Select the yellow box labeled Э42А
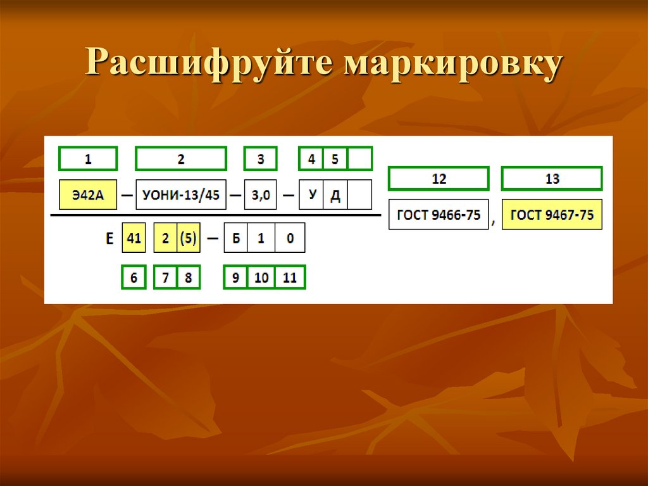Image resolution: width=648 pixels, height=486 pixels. click(88, 195)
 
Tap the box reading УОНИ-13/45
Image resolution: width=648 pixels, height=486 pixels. click(181, 195)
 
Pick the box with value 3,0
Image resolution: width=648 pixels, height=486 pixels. click(261, 195)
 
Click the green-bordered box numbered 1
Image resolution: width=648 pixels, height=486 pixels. click(88, 159)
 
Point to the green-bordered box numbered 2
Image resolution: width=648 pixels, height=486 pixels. click(181, 159)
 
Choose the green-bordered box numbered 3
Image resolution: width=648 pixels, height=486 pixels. click(261, 159)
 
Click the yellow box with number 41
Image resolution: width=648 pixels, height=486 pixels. click(134, 238)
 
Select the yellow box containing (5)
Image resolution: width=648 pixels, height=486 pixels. click(189, 238)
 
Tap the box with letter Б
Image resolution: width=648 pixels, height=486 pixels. click(235, 238)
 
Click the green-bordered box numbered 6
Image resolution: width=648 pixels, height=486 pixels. click(134, 278)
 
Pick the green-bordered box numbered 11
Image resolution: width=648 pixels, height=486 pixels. click(290, 278)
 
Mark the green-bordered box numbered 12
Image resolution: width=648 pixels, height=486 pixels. click(439, 179)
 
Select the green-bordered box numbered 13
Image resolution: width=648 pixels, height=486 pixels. click(552, 179)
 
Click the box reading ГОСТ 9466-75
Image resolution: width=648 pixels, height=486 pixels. click(439, 215)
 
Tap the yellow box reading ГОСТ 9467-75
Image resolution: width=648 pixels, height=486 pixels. click(552, 215)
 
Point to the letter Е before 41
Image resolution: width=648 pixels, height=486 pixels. click(109, 239)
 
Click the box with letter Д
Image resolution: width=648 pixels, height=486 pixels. click(335, 195)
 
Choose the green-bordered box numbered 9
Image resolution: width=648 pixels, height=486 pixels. click(235, 278)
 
